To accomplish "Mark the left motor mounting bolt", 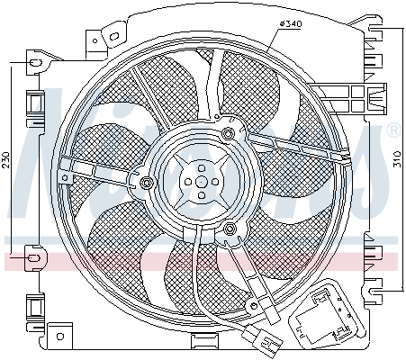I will [x=146, y=186].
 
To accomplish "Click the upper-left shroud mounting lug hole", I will [x=35, y=63].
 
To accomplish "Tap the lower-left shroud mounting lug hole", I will [x=35, y=260].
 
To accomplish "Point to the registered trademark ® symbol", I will [x=392, y=132].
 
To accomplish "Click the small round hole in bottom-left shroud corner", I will [x=61, y=338].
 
